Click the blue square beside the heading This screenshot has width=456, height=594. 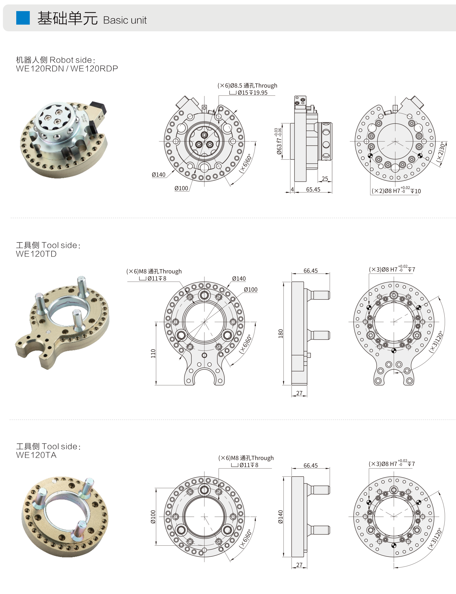(23, 18)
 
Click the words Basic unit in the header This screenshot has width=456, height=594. (125, 20)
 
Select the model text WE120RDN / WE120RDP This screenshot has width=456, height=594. (67, 68)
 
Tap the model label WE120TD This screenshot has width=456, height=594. (36, 254)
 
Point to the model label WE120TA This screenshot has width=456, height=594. (36, 455)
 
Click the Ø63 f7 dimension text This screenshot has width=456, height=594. (279, 141)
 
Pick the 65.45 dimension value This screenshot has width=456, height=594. (313, 189)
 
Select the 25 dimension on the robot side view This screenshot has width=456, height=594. (325, 179)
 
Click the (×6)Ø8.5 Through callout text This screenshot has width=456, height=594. (247, 86)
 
